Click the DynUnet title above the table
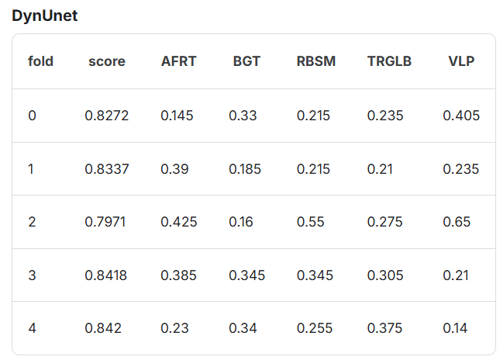tap(45, 16)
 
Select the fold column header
tap(40, 61)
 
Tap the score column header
tap(107, 61)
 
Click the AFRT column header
tap(178, 61)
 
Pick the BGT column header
tap(247, 61)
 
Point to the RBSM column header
tap(316, 61)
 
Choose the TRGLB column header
tap(389, 61)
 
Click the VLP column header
tap(461, 61)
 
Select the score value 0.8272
tap(106, 116)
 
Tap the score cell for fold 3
tap(106, 275)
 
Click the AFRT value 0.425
tap(179, 222)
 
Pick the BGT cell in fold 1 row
tap(245, 169)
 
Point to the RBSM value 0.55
tap(310, 222)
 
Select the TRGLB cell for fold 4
tap(385, 328)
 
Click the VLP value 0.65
tap(457, 222)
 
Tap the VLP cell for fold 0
tap(461, 116)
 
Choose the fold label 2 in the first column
tap(32, 222)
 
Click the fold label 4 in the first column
tap(33, 328)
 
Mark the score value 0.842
tap(103, 328)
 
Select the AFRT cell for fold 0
tap(177, 116)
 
